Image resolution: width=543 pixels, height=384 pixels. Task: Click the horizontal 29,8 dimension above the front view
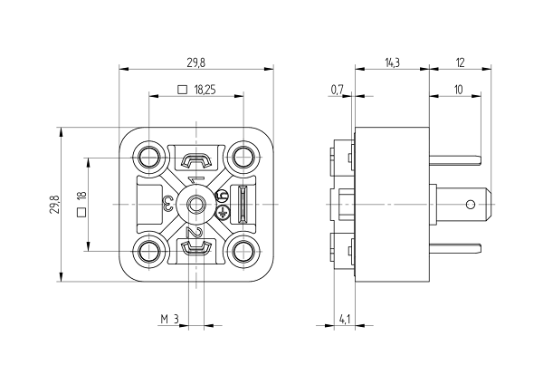pos(195,62)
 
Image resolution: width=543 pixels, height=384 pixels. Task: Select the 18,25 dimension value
pos(205,90)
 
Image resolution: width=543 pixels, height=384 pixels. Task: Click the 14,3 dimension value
pos(391,62)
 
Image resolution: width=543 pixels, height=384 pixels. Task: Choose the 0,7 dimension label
pos(338,90)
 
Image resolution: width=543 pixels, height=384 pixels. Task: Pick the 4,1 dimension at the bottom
pos(344,320)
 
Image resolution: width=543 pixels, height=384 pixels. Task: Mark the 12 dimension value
pos(460,62)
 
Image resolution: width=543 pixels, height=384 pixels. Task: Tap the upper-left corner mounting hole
pos(148,158)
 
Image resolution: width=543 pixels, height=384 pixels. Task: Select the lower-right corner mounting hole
pos(243,251)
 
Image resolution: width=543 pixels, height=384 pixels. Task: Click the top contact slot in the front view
pos(195,162)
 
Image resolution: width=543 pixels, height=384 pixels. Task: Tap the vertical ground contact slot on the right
pos(243,204)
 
